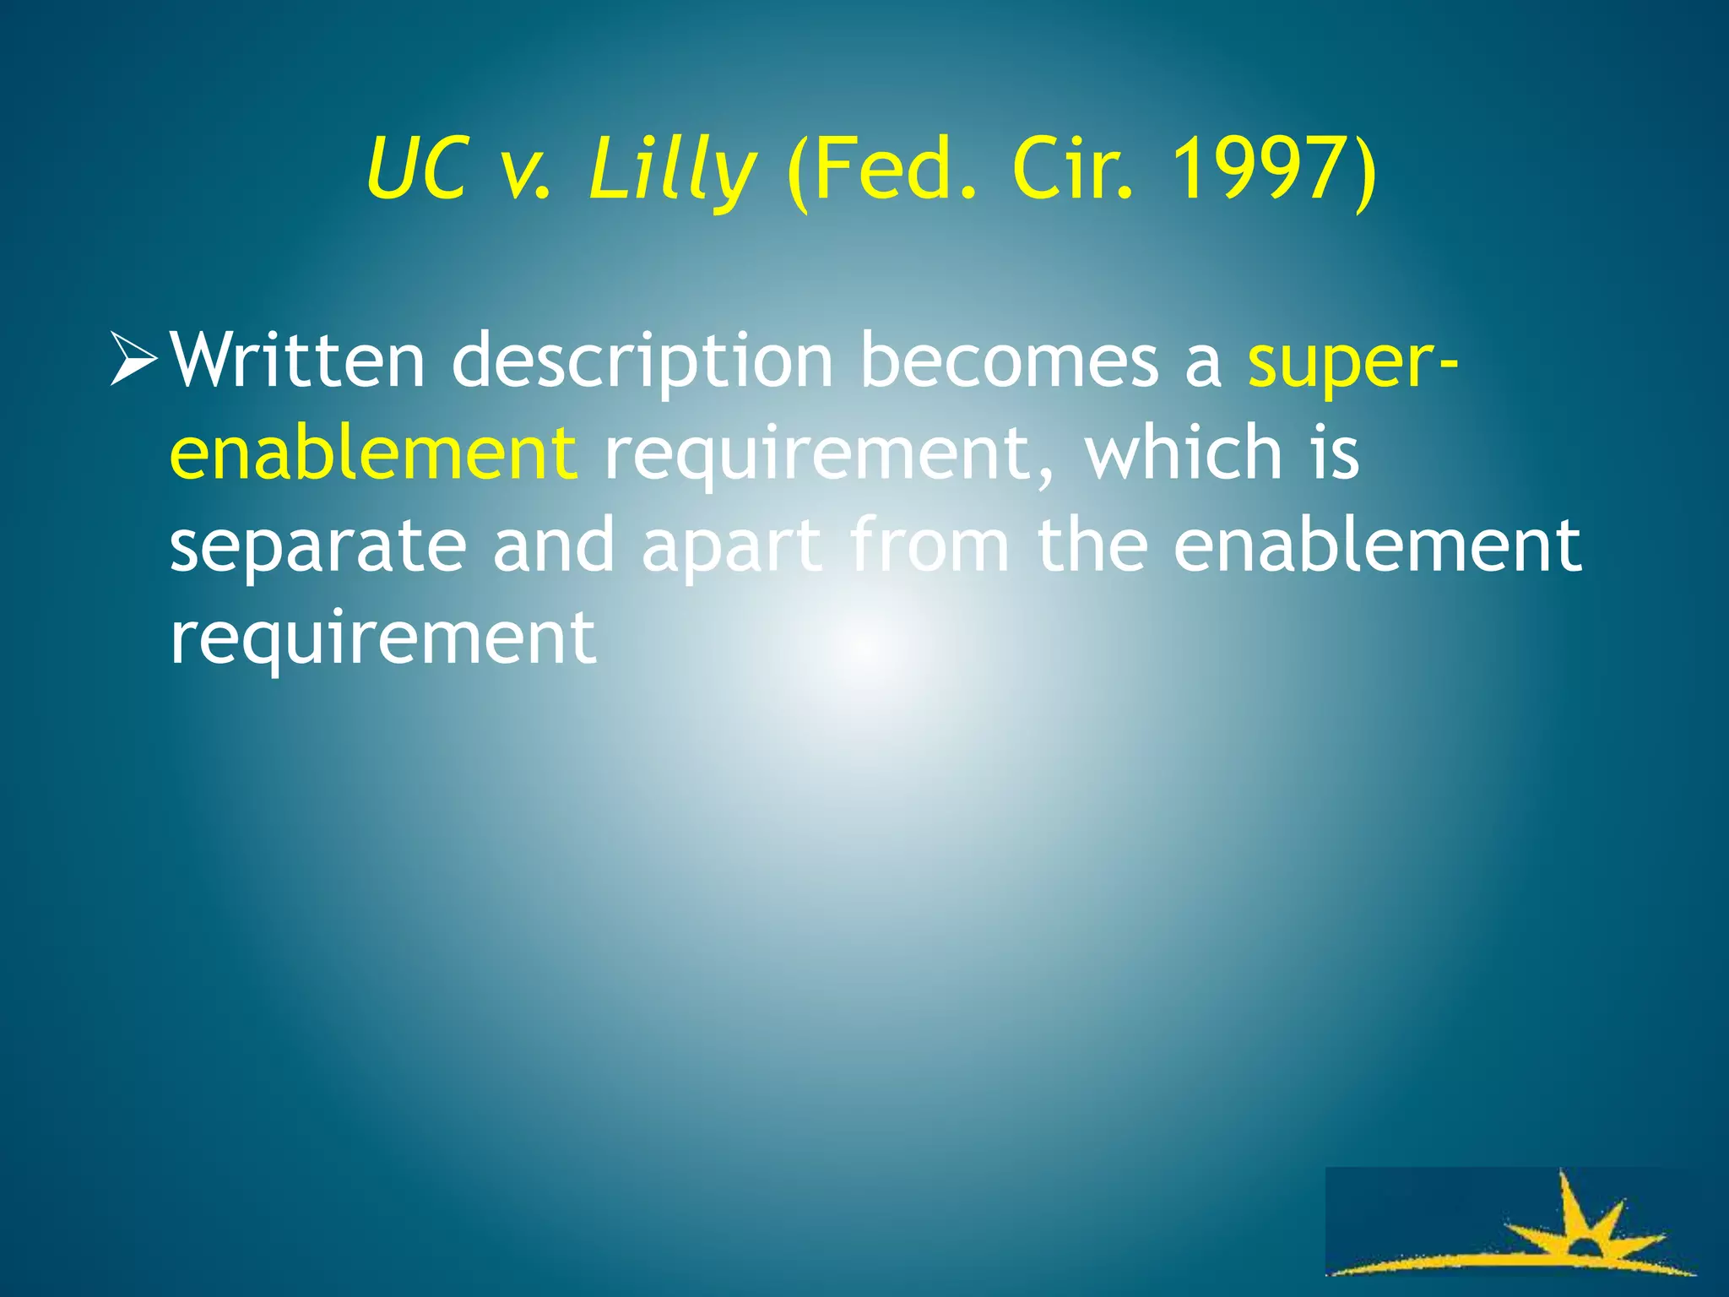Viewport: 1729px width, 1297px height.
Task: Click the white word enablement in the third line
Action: (x=1377, y=545)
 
